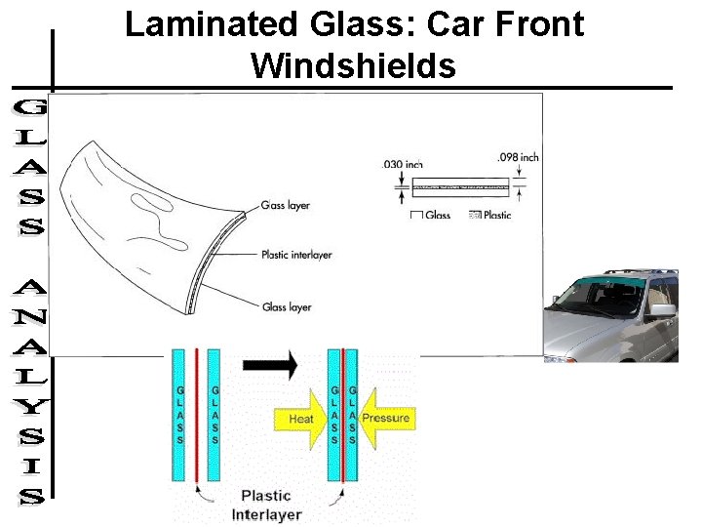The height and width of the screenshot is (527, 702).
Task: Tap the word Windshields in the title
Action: [x=353, y=65]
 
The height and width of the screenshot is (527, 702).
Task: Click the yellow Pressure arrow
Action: [x=384, y=419]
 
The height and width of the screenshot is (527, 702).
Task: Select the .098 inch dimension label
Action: [x=517, y=157]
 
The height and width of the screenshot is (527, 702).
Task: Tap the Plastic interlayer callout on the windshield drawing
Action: [x=296, y=255]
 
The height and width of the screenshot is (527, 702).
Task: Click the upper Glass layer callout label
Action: [x=285, y=206]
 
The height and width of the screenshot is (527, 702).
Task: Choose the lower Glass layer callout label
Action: [x=286, y=306]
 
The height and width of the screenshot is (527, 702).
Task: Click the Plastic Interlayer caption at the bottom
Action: [x=266, y=505]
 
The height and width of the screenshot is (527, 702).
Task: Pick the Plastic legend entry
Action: [x=491, y=215]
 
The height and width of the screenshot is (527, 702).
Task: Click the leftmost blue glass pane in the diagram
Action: [x=179, y=414]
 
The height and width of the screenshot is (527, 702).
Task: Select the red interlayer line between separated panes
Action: [x=196, y=414]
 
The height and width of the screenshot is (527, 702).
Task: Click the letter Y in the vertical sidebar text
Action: [x=31, y=403]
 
